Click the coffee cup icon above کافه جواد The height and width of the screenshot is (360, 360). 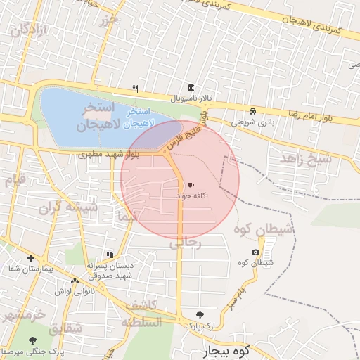point(191,186)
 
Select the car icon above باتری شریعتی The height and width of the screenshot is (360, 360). point(252,111)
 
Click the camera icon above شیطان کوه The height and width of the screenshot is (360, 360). point(255,252)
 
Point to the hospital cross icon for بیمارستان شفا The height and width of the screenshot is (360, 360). point(30,258)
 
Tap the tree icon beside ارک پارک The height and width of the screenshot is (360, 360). point(201,316)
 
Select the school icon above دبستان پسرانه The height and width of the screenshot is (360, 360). point(109,255)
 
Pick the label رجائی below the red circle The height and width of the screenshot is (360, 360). point(186,243)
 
